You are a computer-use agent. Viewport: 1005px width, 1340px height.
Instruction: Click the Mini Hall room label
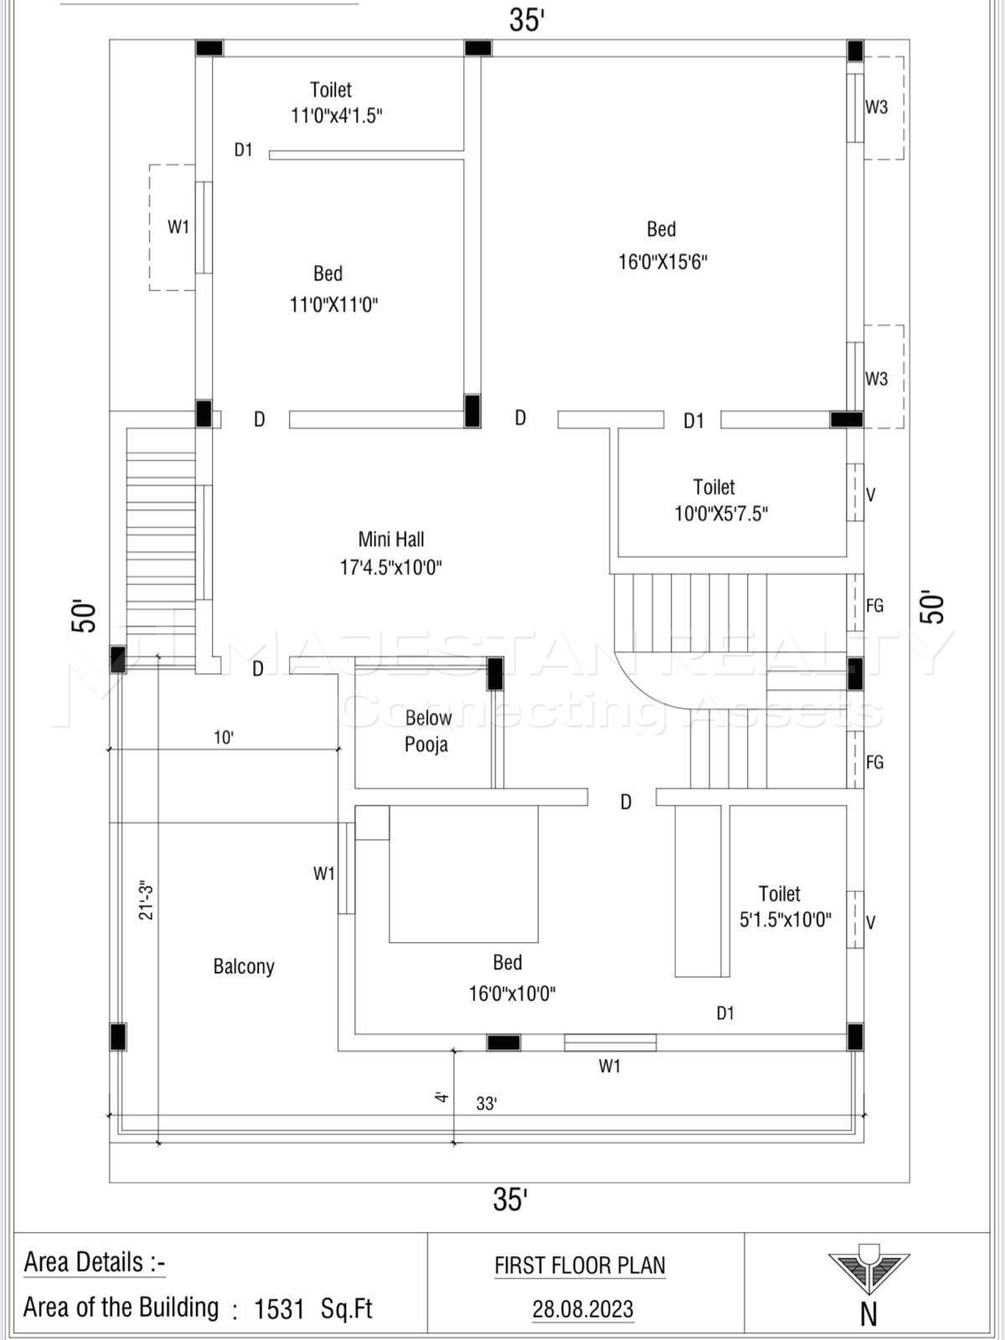point(391,539)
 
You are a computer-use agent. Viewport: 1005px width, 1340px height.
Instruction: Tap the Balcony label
point(244,966)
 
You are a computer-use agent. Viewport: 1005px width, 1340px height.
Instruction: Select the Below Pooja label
point(427,731)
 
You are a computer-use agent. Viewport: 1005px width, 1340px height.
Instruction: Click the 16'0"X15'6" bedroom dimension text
point(662,261)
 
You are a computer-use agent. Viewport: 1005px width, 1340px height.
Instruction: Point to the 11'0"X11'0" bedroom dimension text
point(333,304)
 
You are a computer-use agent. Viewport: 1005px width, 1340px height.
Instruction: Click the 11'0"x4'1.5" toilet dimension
point(337,116)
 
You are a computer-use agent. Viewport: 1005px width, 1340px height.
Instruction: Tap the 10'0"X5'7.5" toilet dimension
point(721,513)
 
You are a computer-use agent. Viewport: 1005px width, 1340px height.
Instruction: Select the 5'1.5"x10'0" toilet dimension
point(785,920)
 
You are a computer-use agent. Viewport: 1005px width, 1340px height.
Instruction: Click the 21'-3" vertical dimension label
point(147,900)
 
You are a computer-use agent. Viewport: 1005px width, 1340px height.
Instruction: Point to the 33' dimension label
point(487,1104)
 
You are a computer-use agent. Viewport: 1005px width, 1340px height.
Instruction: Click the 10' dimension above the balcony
point(224,738)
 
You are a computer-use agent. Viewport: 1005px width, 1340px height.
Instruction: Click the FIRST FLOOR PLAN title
point(580,1265)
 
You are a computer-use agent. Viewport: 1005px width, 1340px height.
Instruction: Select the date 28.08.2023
point(583,1309)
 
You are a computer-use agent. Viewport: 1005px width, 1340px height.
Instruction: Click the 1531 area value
point(279,1309)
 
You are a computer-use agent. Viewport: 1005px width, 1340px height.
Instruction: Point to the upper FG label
point(874,606)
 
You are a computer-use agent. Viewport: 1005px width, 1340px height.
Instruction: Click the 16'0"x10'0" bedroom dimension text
point(512,994)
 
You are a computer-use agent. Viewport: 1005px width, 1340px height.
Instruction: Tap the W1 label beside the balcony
point(324,874)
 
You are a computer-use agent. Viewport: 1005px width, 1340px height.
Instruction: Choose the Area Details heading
point(95,1262)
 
